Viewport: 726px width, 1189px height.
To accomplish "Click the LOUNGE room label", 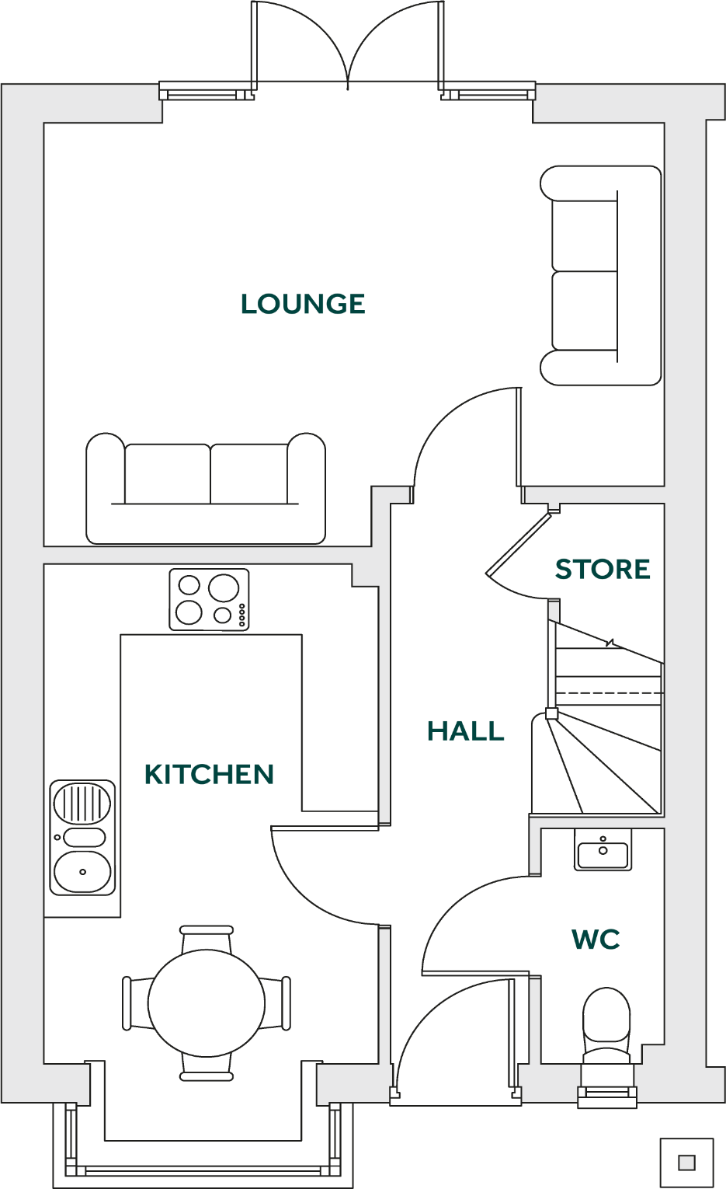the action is pyautogui.click(x=303, y=304).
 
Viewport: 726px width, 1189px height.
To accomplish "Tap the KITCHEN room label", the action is pyautogui.click(x=210, y=775).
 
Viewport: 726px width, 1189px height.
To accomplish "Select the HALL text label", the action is pyautogui.click(x=465, y=731).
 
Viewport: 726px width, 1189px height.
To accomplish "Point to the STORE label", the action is pyautogui.click(x=603, y=570).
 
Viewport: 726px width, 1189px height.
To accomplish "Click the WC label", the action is pyautogui.click(x=596, y=940).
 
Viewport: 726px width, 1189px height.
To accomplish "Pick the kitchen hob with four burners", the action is pyautogui.click(x=209, y=599).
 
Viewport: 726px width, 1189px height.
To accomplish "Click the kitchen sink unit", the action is pyautogui.click(x=82, y=838).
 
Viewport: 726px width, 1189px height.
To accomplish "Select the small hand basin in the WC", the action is pyautogui.click(x=603, y=849).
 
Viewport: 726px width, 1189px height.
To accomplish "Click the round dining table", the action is pyautogui.click(x=207, y=1002).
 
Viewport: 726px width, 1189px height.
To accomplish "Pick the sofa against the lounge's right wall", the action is pyautogui.click(x=600, y=275).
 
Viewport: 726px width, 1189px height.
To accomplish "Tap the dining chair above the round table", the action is pyautogui.click(x=207, y=937).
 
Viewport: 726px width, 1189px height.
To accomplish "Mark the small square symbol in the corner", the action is pyautogui.click(x=686, y=1163).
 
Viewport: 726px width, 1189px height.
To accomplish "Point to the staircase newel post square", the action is pyautogui.click(x=551, y=713).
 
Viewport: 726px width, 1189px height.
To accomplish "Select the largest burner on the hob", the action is pyautogui.click(x=224, y=588).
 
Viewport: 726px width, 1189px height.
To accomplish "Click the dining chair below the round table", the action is pyautogui.click(x=207, y=1068).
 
